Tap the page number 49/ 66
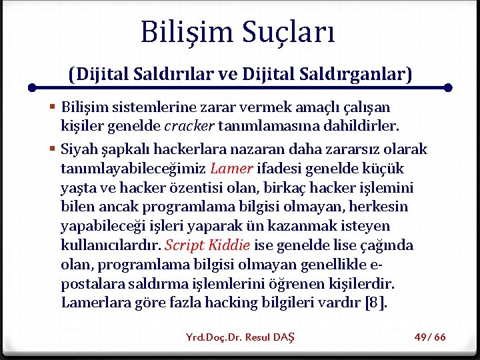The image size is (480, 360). (430, 337)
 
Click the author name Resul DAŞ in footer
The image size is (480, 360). (269, 337)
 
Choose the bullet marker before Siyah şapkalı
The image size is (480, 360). (52, 150)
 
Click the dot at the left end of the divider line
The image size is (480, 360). (31, 87)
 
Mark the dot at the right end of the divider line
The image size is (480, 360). (448, 87)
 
